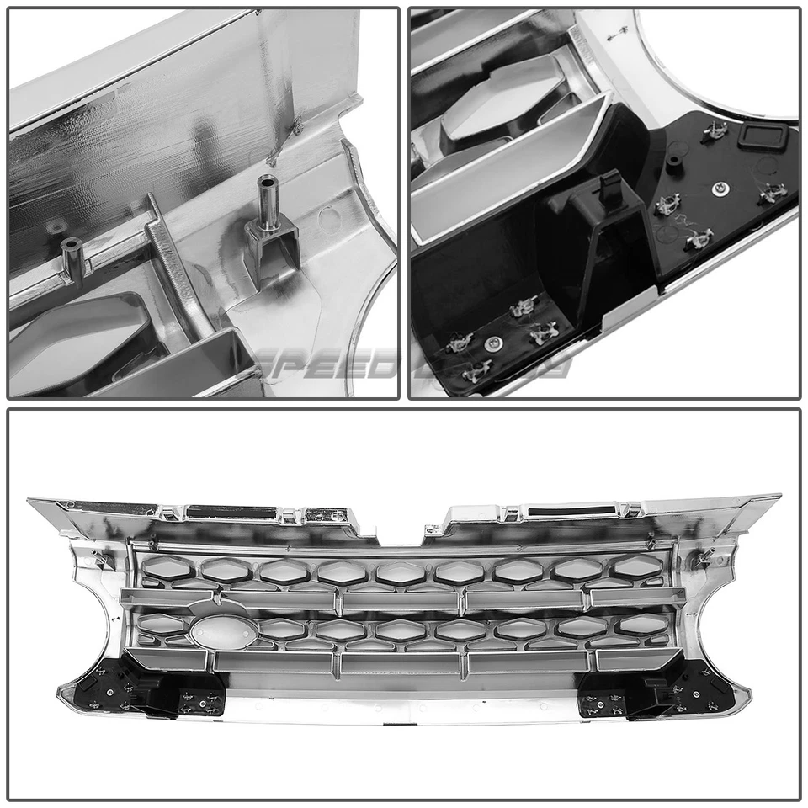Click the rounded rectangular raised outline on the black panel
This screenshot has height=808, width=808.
767,134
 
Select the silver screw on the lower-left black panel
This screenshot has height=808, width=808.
494,342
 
